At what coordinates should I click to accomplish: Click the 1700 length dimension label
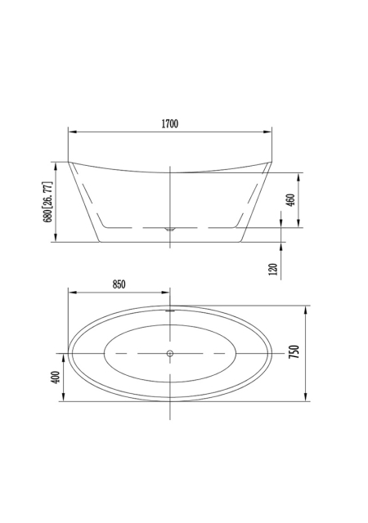click(170, 123)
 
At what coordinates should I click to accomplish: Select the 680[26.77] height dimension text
click(47, 202)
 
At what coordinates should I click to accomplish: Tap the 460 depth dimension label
click(291, 200)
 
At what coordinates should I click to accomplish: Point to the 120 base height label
click(273, 270)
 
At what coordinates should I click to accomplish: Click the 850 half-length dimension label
click(119, 284)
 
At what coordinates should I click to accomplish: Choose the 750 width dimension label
click(294, 352)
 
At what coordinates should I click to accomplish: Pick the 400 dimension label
click(56, 378)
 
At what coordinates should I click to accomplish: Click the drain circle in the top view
click(170, 353)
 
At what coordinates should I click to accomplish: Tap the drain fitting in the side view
click(170, 229)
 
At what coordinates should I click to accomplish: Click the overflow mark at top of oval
click(170, 311)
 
